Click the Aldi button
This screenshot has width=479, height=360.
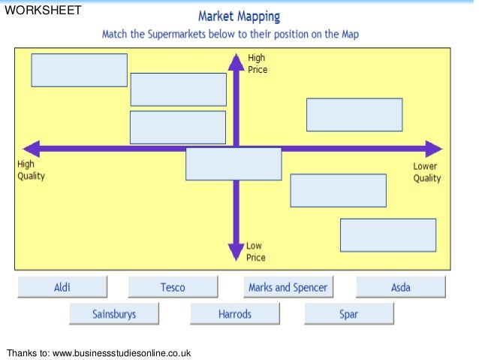pyautogui.click(x=62, y=287)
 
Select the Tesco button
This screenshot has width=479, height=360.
pyautogui.click(x=173, y=287)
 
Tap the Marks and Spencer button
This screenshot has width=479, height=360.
pyautogui.click(x=288, y=287)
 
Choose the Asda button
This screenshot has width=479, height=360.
pyautogui.click(x=400, y=287)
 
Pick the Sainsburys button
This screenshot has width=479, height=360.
pyautogui.click(x=114, y=314)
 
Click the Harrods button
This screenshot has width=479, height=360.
pyautogui.click(x=235, y=314)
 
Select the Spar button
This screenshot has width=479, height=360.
pyautogui.click(x=348, y=314)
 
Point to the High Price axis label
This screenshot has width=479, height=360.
pyautogui.click(x=257, y=64)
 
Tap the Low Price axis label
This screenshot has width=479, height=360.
pyautogui.click(x=255, y=252)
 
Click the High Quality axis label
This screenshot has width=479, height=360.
pyautogui.click(x=31, y=171)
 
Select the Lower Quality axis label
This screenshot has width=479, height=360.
pyautogui.click(x=426, y=172)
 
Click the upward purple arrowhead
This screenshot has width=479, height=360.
pyautogui.click(x=236, y=62)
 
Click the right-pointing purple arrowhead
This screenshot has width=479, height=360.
pyautogui.click(x=433, y=148)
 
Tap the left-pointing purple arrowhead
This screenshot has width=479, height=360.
pyautogui.click(x=32, y=148)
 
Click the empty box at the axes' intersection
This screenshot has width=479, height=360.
pyautogui.click(x=233, y=164)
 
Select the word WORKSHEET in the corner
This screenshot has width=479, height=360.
pyautogui.click(x=43, y=11)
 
